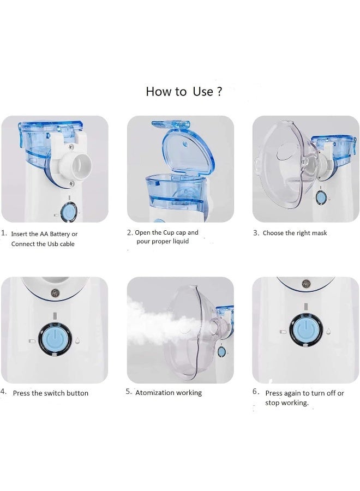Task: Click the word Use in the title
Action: click(x=203, y=92)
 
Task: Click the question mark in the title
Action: click(x=219, y=91)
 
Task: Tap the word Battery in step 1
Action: click(x=60, y=234)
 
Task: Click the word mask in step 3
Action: click(x=319, y=233)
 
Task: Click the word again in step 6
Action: click(x=294, y=393)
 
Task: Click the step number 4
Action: click(x=3, y=392)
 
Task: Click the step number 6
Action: click(x=256, y=391)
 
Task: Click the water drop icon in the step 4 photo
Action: click(x=78, y=340)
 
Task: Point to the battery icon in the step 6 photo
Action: click(x=283, y=332)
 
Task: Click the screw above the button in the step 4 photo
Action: click(x=55, y=293)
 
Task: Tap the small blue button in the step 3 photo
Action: click(x=321, y=197)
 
